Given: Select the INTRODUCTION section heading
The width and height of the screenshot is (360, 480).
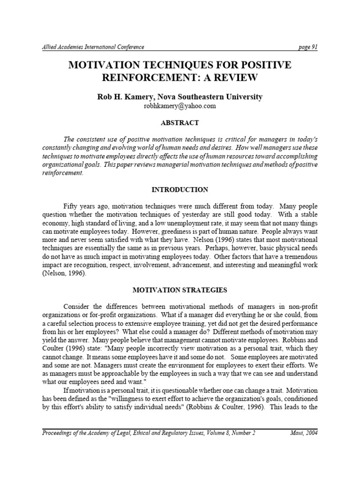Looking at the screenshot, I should [x=180, y=190].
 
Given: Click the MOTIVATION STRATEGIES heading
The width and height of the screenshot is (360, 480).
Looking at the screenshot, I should [x=180, y=290].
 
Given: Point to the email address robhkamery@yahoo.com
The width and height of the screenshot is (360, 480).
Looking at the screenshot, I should [x=180, y=106].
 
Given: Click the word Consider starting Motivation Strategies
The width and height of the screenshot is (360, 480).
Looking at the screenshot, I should [x=76, y=307].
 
